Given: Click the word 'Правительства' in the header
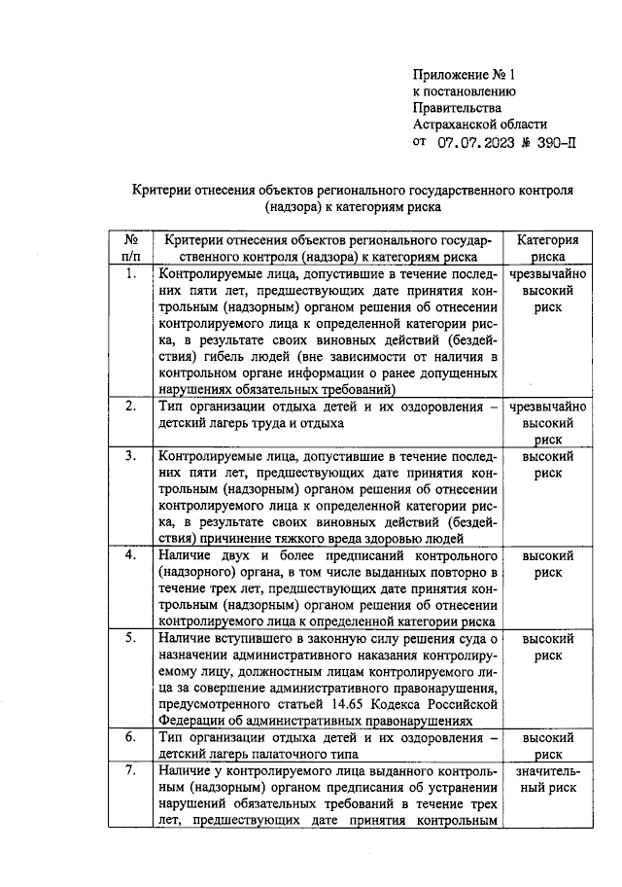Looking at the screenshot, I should point(457,108).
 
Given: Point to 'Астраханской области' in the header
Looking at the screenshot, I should point(480,124).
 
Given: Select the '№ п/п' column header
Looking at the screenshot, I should point(129,249).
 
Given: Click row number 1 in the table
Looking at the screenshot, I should point(129,274).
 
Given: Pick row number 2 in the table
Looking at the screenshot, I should point(129,407).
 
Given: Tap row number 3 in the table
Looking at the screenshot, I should point(129,455).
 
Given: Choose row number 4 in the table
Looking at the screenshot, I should point(129,555).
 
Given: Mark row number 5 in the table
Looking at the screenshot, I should point(129,638).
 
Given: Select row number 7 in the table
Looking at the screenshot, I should point(129,770).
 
